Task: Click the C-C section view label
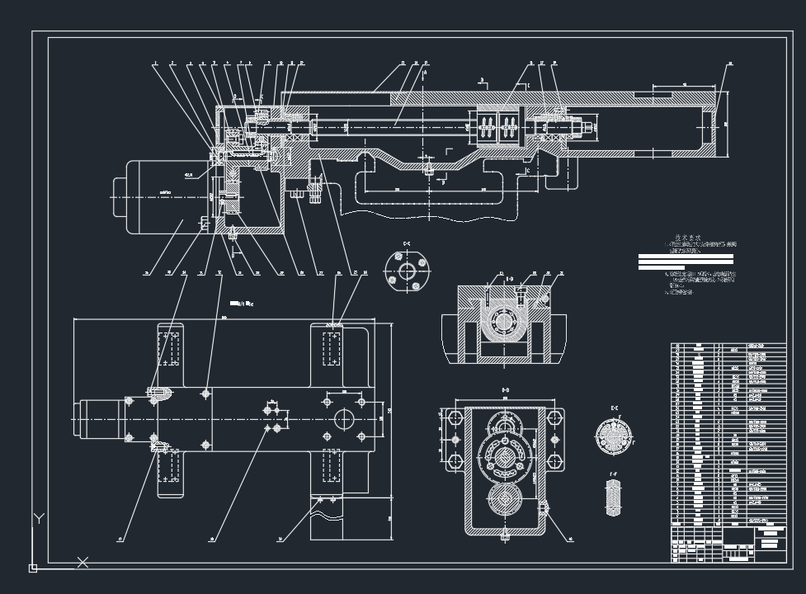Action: tap(407, 243)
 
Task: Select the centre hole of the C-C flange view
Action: tap(408, 271)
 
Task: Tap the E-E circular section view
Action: tap(613, 435)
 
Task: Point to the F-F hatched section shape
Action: tap(613, 497)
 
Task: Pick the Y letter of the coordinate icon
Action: tap(37, 519)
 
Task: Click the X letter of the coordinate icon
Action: tap(82, 563)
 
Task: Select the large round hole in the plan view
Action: tap(343, 419)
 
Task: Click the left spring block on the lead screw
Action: tap(487, 129)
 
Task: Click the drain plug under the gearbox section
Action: tap(503, 535)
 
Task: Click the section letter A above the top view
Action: tap(424, 73)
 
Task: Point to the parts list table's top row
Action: tap(728, 346)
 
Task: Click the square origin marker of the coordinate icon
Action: tap(33, 568)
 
